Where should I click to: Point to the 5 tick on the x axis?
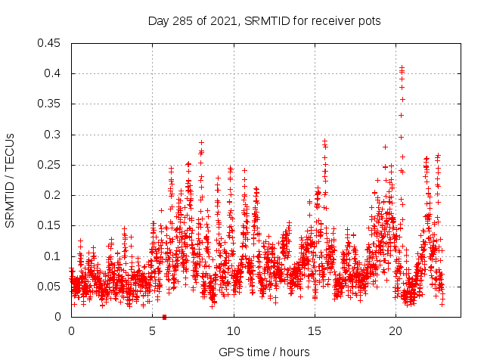[153, 331]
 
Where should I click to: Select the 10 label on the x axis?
[234, 331]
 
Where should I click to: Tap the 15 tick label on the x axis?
[315, 331]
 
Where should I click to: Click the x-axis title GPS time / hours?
[264, 352]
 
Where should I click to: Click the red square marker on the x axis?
[164, 317]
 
